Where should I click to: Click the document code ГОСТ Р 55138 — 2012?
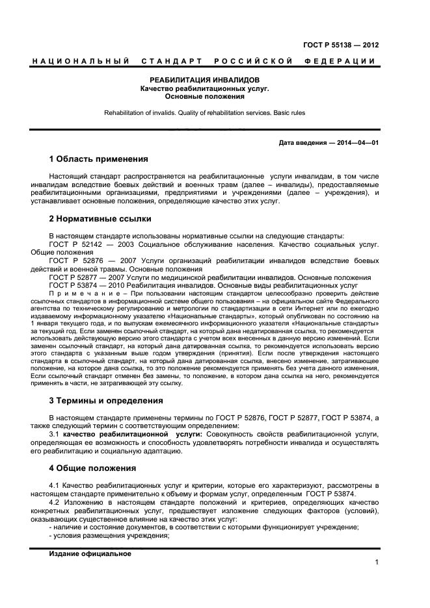pos(341,45)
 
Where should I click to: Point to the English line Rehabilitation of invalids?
pos(142,113)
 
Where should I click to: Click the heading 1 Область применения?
pos(98,159)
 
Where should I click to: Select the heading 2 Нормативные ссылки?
pos(100,219)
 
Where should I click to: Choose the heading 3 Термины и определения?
pos(106,401)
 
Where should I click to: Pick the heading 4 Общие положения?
pos(92,468)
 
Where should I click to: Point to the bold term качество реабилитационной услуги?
pos(132,433)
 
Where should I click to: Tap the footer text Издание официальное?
pos(90,554)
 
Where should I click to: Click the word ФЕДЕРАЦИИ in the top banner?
pos(339,62)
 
